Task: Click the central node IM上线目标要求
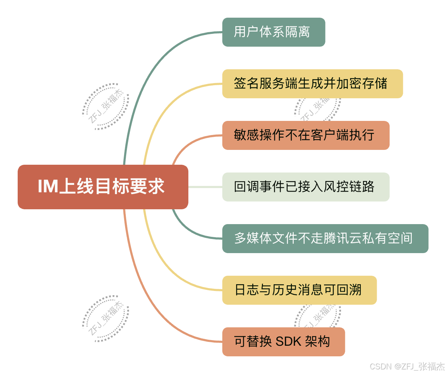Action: click(x=102, y=187)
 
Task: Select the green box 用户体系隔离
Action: click(x=273, y=32)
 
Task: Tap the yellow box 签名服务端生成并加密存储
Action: click(x=312, y=84)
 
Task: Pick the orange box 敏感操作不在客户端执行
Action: click(x=305, y=135)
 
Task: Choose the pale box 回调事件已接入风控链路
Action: click(x=305, y=187)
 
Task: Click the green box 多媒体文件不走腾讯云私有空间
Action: click(x=325, y=239)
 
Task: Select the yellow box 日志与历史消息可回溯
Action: click(x=299, y=290)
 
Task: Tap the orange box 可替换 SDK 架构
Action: click(x=283, y=342)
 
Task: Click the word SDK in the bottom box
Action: click(x=288, y=342)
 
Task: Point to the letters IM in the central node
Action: click(x=48, y=187)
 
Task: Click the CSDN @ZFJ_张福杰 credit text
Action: click(x=407, y=367)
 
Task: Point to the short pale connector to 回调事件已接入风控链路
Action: click(x=205, y=187)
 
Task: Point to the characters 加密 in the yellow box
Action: click(x=343, y=84)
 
